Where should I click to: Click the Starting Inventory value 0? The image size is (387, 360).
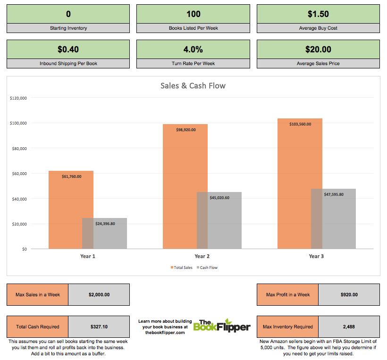pyautogui.click(x=68, y=14)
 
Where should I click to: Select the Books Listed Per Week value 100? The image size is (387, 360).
pyautogui.click(x=193, y=14)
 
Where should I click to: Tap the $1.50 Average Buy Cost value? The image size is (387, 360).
pyautogui.click(x=318, y=14)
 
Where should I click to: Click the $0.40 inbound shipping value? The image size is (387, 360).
pyautogui.click(x=68, y=49)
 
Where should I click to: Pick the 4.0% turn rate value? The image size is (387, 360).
pyautogui.click(x=193, y=49)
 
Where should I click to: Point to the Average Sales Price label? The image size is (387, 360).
pyautogui.click(x=318, y=63)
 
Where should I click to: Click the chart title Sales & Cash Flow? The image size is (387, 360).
pyautogui.click(x=193, y=86)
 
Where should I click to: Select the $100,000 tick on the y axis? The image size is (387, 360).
pyautogui.click(x=18, y=123)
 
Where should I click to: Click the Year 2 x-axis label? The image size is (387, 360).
pyautogui.click(x=202, y=256)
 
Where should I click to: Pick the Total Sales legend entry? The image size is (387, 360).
pyautogui.click(x=182, y=268)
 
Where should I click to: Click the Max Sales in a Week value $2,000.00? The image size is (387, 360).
pyautogui.click(x=99, y=294)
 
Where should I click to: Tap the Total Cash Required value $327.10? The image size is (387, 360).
pyautogui.click(x=99, y=327)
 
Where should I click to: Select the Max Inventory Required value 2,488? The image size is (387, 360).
pyautogui.click(x=349, y=327)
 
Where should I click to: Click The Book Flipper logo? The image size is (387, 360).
pyautogui.click(x=222, y=325)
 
